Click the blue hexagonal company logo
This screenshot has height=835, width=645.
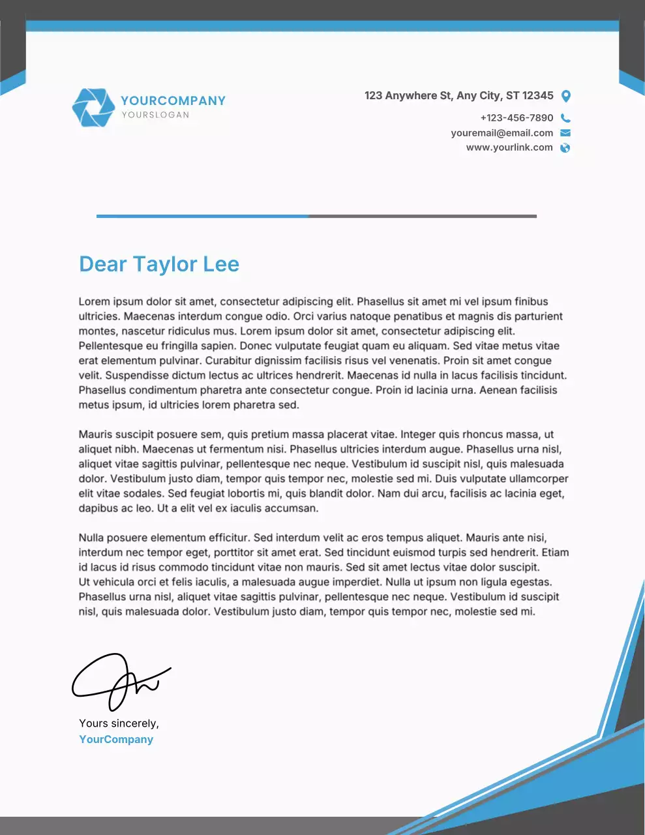(93, 107)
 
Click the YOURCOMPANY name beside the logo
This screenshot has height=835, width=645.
(173, 100)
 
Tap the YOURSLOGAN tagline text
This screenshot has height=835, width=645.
(155, 115)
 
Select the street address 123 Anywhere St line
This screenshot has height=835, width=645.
(458, 96)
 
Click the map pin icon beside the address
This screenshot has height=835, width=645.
(566, 97)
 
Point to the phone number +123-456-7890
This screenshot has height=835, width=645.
(517, 118)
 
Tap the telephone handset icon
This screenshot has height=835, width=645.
(565, 118)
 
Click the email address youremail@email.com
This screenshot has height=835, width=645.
(502, 133)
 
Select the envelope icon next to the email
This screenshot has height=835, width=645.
(565, 133)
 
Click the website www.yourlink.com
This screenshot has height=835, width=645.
(509, 147)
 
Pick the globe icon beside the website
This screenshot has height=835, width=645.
(565, 148)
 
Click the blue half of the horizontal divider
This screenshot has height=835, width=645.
(202, 216)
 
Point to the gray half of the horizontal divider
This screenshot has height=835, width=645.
(422, 216)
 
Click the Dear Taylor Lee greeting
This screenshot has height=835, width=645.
(159, 264)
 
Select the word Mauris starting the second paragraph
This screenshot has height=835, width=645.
(95, 434)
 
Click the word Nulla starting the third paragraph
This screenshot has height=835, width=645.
(91, 538)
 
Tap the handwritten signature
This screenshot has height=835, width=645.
(121, 681)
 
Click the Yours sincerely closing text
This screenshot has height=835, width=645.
(119, 723)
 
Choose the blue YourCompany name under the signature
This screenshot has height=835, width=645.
(116, 740)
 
